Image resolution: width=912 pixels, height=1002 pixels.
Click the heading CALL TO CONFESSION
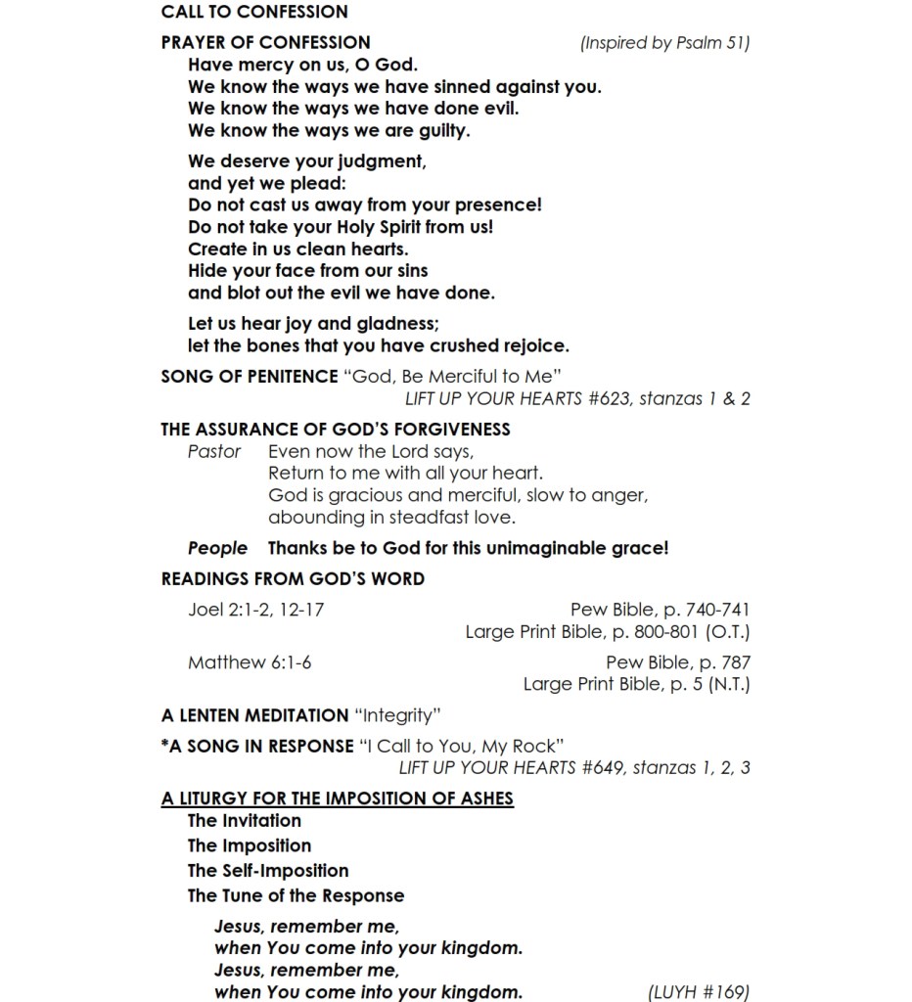point(254,12)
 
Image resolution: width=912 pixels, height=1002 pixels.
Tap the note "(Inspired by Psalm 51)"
point(664,43)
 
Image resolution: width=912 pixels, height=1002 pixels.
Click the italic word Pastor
point(214,451)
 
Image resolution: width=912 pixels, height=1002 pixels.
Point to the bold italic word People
point(217,548)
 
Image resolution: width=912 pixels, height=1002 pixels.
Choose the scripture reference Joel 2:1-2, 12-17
point(256,610)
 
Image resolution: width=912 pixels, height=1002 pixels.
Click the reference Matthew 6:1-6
point(250,662)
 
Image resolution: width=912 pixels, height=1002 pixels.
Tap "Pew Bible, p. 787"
point(678,662)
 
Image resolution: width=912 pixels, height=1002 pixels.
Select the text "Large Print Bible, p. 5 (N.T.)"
point(636,684)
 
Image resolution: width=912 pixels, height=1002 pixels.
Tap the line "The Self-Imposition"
point(268,870)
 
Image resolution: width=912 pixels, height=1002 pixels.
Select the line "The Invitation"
point(245,820)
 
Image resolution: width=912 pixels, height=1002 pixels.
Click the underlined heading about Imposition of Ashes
point(338,797)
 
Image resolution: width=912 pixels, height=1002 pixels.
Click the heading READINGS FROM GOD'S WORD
point(293,578)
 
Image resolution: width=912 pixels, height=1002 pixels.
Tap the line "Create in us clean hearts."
point(298,249)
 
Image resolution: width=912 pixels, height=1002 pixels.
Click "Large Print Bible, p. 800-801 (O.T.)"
point(608,632)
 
